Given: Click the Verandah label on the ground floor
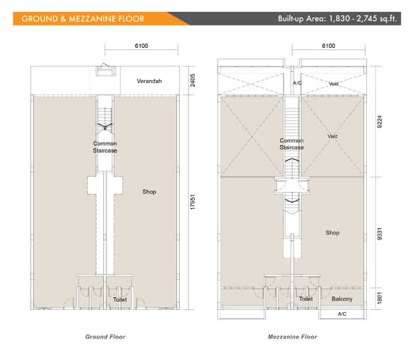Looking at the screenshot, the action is pos(149,81).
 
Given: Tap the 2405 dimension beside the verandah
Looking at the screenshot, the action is pos(193,80).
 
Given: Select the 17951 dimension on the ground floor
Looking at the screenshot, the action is pos(193,202).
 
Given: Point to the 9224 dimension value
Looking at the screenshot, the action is pos(380,121).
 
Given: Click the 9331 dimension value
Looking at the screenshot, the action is pos(380,234).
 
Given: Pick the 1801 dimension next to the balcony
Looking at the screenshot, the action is pos(380,299).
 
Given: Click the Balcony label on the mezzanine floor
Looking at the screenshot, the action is pos(342,299).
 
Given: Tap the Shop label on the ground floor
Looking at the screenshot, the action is pos(149,192).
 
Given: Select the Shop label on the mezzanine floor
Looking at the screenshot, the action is pos(333,233).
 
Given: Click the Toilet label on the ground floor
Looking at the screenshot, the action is pos(120,299).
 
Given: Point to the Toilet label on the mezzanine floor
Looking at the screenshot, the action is pos(306,299).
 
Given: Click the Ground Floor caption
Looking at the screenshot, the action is pos(105,337).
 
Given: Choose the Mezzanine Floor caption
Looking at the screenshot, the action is pos(292,337).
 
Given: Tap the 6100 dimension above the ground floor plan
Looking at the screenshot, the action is pos(142,46).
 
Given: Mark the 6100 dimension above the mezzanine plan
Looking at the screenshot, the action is pos(328,46).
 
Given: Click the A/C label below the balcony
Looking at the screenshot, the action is pos(342,314).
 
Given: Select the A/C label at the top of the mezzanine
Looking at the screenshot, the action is pos(297,83).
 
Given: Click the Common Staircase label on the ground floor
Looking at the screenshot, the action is pos(105,147).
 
